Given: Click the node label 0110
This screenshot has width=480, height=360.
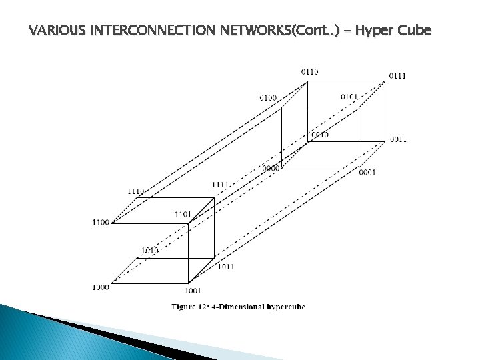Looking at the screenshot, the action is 309,71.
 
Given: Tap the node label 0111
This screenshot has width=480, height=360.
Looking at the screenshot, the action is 397,75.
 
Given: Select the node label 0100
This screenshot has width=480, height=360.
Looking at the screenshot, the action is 268,98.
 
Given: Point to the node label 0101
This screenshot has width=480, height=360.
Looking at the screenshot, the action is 349,97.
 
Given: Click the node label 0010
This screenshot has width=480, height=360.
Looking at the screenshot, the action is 319,135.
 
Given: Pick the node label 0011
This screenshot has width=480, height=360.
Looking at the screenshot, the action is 399,139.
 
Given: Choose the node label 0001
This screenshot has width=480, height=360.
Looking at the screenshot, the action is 367,172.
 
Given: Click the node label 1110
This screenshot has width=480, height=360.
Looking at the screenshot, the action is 136,191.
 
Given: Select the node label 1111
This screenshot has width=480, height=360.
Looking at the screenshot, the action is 221,184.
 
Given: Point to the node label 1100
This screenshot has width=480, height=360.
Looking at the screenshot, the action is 101,222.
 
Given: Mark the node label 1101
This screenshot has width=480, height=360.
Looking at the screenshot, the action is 183,214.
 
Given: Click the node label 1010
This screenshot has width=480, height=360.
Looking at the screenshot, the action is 149,251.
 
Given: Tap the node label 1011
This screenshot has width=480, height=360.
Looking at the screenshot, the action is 225,267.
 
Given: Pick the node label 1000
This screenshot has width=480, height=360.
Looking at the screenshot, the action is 101,287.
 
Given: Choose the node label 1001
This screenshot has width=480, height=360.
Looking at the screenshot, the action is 193,291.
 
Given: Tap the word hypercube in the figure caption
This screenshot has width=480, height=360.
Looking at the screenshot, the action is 281,307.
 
